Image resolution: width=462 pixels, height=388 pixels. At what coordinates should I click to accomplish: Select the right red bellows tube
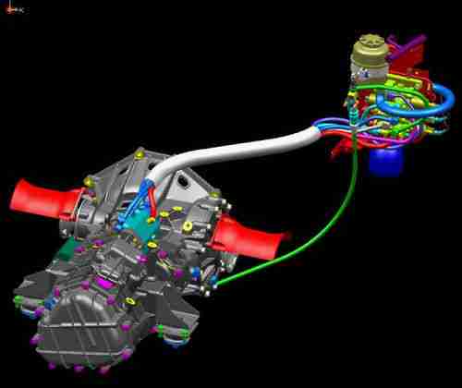250,243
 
